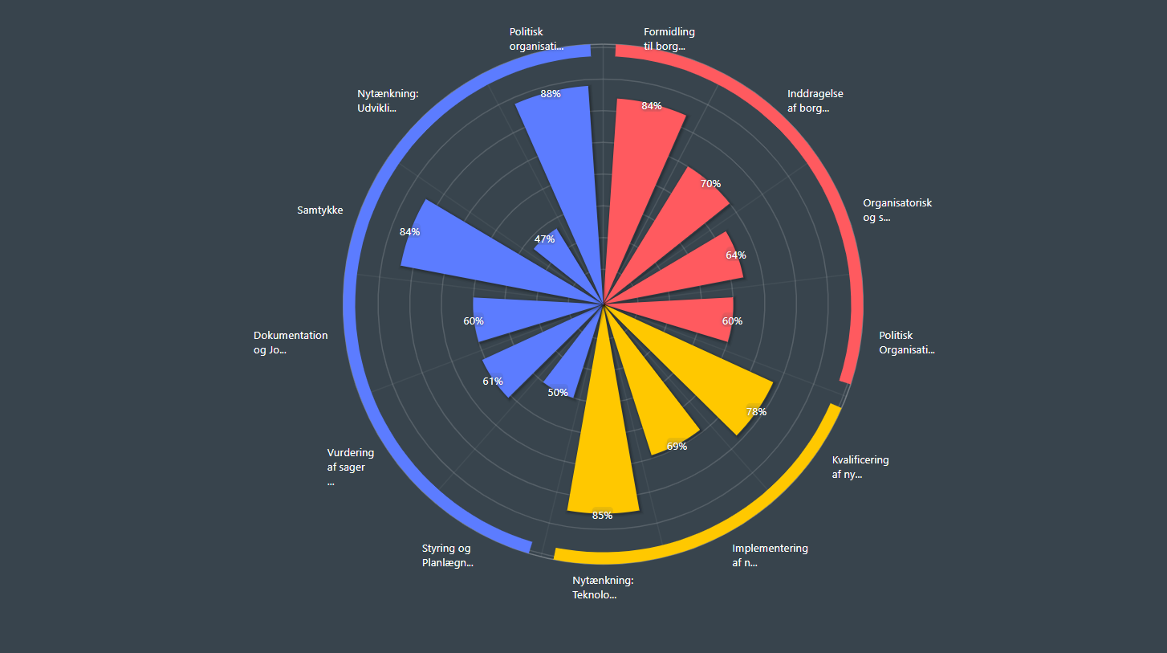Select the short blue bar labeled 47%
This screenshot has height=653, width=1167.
point(562,257)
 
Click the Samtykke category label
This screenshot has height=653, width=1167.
point(319,210)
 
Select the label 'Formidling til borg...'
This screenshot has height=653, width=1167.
point(669,39)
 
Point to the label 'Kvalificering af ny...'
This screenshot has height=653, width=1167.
point(860,467)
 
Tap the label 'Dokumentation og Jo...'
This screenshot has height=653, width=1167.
point(291,343)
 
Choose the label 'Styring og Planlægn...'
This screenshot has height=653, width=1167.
point(447,556)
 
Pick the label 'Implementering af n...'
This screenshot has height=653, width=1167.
point(770,556)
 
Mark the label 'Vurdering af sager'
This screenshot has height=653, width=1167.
point(350,460)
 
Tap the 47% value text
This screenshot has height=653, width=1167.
point(545,239)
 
